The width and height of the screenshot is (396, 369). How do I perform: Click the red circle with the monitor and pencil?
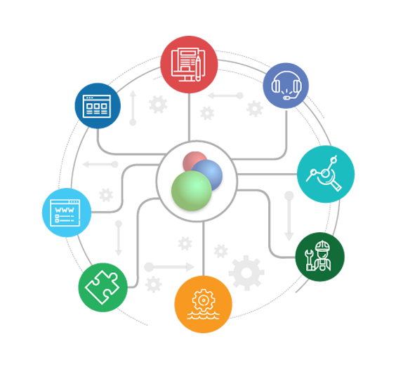[x=189, y=65]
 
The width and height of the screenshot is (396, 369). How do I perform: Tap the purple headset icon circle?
[x=286, y=86]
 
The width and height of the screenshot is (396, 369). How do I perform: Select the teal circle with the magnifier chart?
[x=326, y=174]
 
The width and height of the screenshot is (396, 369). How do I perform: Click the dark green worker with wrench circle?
[x=320, y=257]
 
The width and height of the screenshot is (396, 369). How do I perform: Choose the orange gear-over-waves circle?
[x=204, y=304]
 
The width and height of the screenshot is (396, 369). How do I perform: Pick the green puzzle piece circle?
[x=103, y=288]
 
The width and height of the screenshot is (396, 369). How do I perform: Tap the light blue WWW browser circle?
[x=67, y=213]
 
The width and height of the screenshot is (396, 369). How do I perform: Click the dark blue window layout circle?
[x=98, y=106]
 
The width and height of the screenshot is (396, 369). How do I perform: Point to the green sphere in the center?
[x=192, y=191]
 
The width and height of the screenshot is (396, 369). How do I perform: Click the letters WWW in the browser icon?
[x=65, y=210]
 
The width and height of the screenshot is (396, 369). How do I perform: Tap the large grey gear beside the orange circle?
[x=246, y=273]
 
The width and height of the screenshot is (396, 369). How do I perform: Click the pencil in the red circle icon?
[x=198, y=69]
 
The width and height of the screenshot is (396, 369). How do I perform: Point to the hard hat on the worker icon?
[x=322, y=246]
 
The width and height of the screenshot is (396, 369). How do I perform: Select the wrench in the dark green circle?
[x=309, y=260]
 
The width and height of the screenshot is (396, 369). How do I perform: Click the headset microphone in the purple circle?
[x=286, y=98]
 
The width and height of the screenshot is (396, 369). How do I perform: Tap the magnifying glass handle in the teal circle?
[x=336, y=187]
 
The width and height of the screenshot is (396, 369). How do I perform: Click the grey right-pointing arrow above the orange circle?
[x=169, y=267]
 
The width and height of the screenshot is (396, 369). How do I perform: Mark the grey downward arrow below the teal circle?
[x=289, y=216]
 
